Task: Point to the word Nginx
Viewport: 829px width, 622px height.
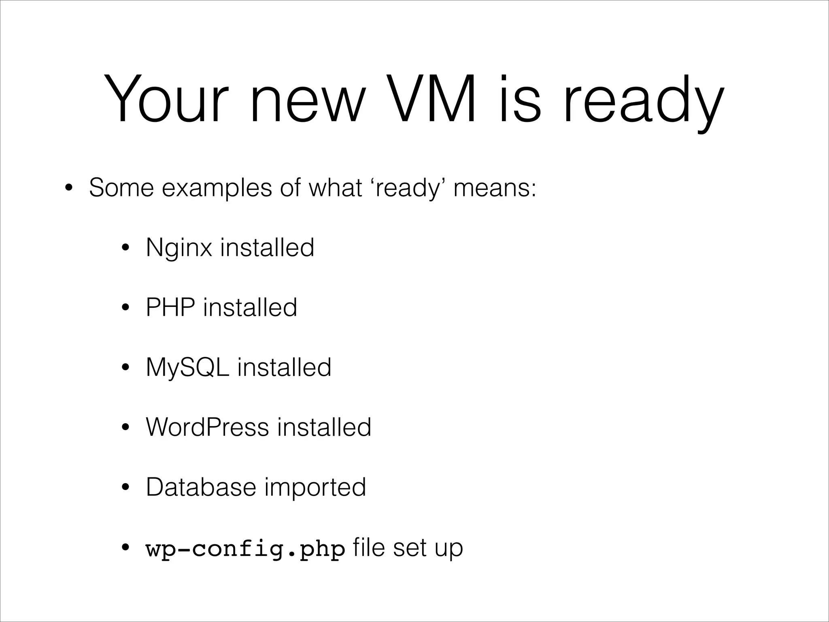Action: (179, 248)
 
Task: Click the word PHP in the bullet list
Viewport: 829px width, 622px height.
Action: (170, 307)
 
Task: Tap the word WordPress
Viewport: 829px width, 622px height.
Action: (207, 427)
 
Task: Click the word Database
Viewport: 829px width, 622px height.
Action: (201, 487)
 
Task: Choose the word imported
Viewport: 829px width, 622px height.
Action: (315, 488)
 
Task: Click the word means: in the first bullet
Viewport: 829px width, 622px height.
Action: (495, 188)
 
